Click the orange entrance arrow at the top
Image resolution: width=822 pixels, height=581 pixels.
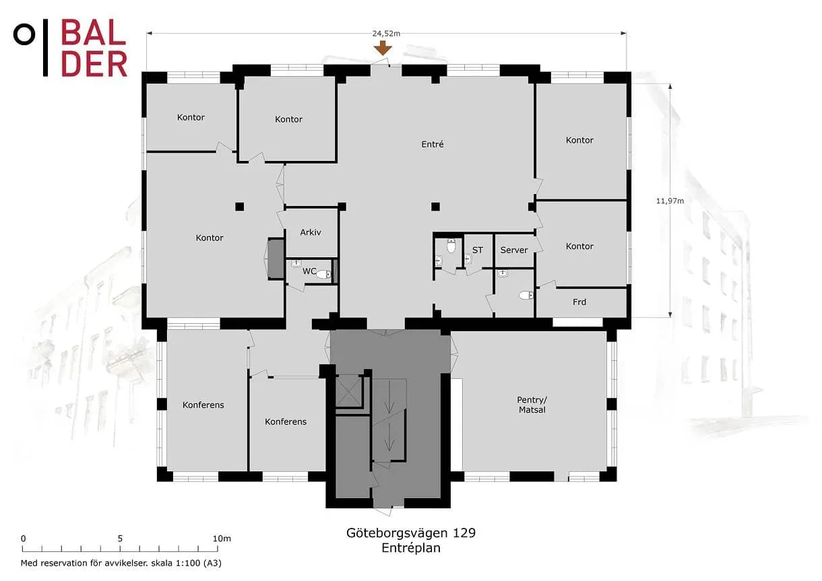pyautogui.click(x=383, y=48)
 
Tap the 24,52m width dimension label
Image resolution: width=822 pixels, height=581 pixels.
pyautogui.click(x=386, y=34)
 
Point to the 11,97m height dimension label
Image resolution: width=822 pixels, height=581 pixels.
pyautogui.click(x=670, y=201)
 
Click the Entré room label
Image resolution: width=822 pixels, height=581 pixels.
pyautogui.click(x=433, y=145)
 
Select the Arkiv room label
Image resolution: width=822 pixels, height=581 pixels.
pyautogui.click(x=311, y=232)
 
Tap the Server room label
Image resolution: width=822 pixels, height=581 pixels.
pyautogui.click(x=513, y=250)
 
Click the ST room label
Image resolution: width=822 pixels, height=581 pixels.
pyautogui.click(x=478, y=250)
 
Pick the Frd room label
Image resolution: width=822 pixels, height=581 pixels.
pyautogui.click(x=579, y=302)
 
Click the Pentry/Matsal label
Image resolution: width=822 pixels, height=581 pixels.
pyautogui.click(x=532, y=405)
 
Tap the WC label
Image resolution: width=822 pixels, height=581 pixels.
pyautogui.click(x=309, y=271)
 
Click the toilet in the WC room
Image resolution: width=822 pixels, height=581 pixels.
pyautogui.click(x=323, y=274)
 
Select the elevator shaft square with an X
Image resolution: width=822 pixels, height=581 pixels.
pyautogui.click(x=348, y=390)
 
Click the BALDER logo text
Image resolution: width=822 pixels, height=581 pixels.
pyautogui.click(x=94, y=48)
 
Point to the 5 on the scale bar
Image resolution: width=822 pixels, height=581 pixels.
pyautogui.click(x=120, y=539)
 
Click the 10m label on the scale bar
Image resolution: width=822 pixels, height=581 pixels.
pyautogui.click(x=222, y=539)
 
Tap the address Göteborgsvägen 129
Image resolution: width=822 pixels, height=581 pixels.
pyautogui.click(x=410, y=533)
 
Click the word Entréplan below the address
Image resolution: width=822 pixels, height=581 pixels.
pyautogui.click(x=411, y=548)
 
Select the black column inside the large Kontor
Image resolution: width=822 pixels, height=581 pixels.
pyautogui.click(x=239, y=207)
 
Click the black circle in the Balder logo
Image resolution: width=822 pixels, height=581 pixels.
pyautogui.click(x=24, y=34)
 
